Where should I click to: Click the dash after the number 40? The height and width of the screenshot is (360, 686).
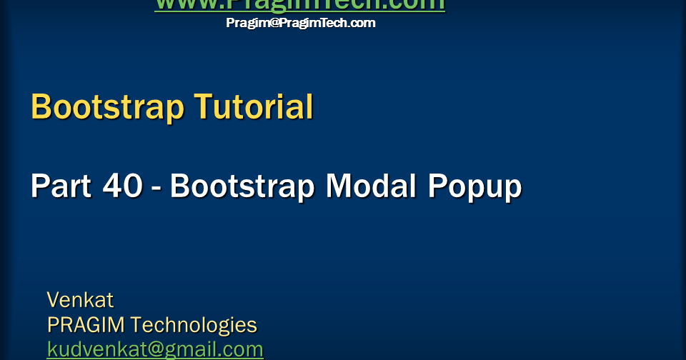point(156,188)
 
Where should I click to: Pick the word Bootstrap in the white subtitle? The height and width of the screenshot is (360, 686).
point(242,186)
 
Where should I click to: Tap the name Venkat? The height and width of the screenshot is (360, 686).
point(80,299)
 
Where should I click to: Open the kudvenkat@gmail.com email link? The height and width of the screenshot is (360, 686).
point(155,349)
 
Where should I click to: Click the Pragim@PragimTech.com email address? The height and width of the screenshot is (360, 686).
point(300,23)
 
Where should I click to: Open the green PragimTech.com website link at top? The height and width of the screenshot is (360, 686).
point(299,4)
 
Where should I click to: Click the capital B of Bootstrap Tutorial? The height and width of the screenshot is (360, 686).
point(41,107)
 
